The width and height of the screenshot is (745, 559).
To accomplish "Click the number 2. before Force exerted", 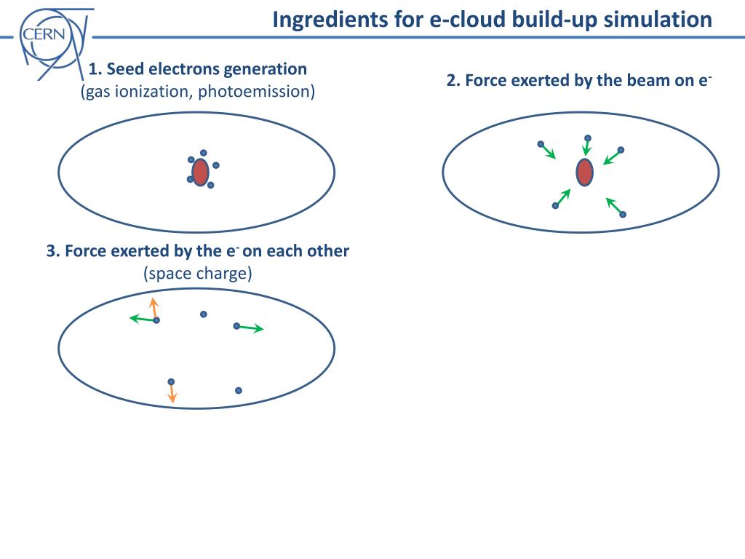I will tap(453, 81).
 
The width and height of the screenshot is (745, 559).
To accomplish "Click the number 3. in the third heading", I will tap(52, 251).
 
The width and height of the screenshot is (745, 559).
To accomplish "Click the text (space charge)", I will tap(197, 274).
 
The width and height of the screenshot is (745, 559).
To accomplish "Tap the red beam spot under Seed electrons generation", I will tap(201, 172).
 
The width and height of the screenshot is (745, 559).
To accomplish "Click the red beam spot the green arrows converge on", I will tap(584, 172).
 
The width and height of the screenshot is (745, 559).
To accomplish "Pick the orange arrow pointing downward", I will tap(172, 393).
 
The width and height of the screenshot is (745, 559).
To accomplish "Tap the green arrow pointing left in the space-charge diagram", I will tap(143, 319).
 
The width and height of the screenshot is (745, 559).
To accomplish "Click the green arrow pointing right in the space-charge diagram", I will tap(251, 328).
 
